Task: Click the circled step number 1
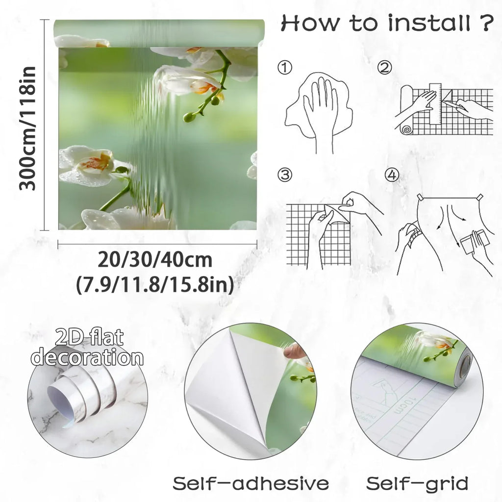click(285, 68)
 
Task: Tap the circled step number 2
click(384, 68)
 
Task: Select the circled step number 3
click(285, 175)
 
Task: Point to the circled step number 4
click(392, 175)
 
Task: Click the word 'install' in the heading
click(429, 23)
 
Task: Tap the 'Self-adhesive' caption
click(251, 483)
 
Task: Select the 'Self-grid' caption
click(417, 483)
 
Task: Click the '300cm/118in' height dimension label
click(28, 128)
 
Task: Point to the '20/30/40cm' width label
click(155, 260)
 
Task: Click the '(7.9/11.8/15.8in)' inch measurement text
click(155, 284)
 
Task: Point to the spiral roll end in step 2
click(407, 129)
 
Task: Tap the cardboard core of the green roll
click(466, 365)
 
